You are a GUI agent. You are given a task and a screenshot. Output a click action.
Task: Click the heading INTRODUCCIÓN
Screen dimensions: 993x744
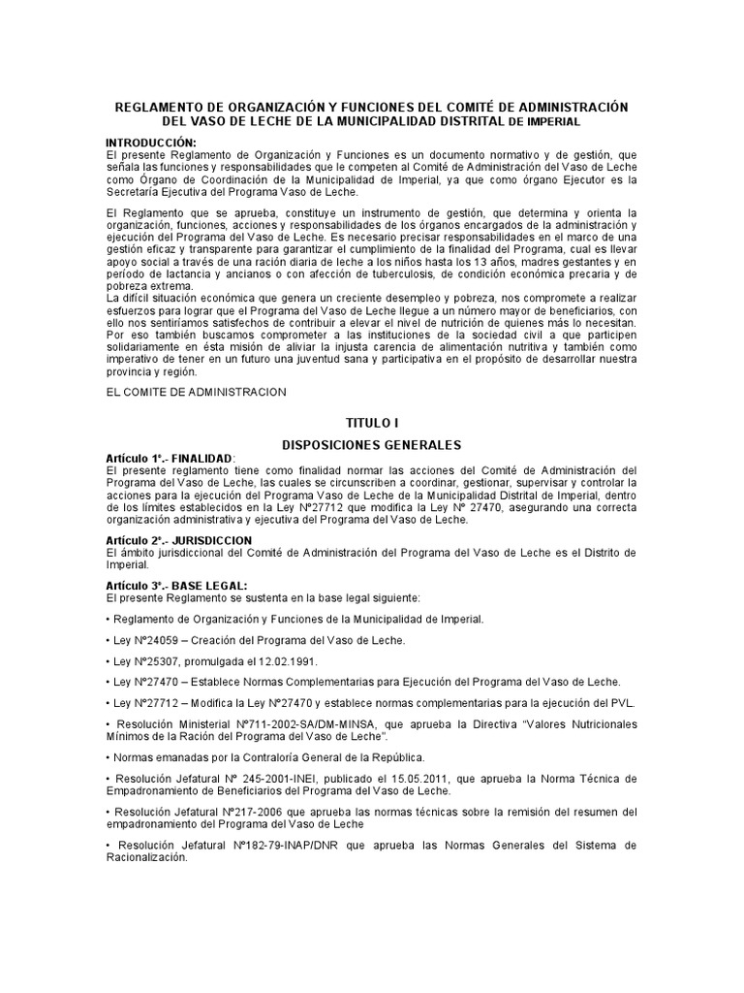[x=150, y=143]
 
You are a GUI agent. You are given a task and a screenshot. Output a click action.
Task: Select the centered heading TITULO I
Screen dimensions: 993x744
[x=372, y=424]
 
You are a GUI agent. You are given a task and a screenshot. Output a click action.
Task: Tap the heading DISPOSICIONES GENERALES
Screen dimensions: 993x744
[x=372, y=444]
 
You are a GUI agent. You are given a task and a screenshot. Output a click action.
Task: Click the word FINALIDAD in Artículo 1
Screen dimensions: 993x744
[x=202, y=459]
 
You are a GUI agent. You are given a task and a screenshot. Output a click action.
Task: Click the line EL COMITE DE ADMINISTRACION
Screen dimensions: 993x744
[x=196, y=392]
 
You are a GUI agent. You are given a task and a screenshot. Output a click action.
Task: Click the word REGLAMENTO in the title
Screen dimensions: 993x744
[x=161, y=107]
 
